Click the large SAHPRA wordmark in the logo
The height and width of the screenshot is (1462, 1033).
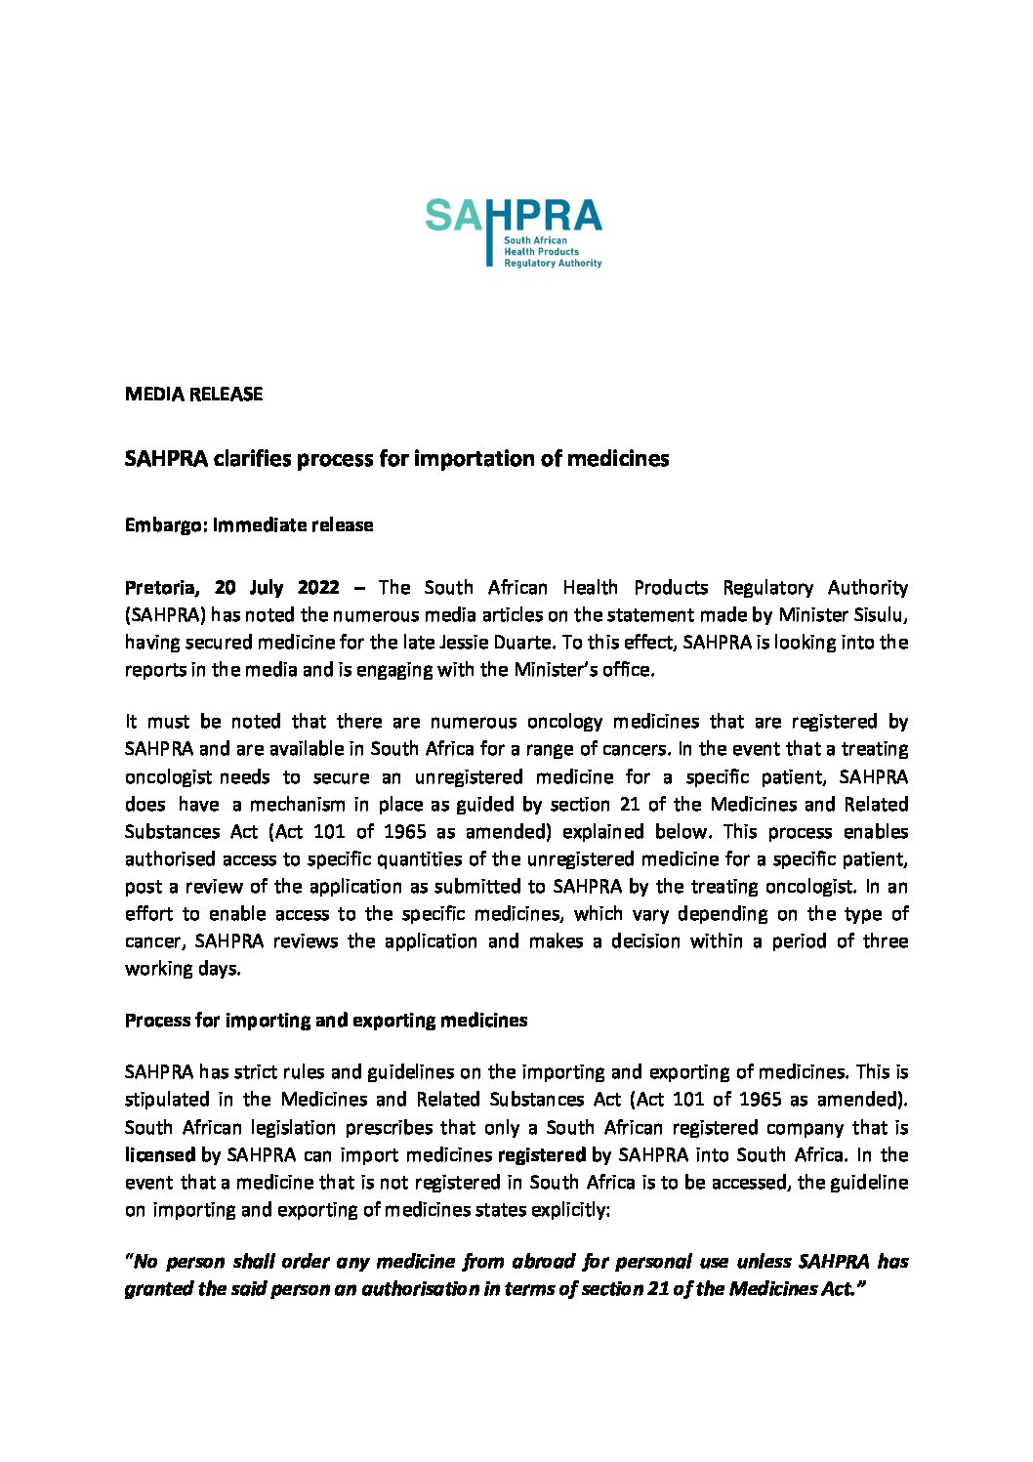click(514, 216)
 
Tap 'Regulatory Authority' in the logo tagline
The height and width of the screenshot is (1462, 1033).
click(553, 264)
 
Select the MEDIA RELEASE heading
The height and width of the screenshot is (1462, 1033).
click(193, 395)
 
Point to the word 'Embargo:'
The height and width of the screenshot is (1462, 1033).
click(166, 525)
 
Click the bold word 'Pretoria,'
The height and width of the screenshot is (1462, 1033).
click(162, 588)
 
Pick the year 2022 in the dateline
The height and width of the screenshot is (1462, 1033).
click(318, 588)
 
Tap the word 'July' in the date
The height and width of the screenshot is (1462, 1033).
click(266, 588)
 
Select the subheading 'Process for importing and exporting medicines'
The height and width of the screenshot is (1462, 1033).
click(326, 1021)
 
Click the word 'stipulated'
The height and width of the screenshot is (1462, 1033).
click(167, 1100)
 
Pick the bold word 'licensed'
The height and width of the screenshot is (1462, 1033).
click(160, 1154)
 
